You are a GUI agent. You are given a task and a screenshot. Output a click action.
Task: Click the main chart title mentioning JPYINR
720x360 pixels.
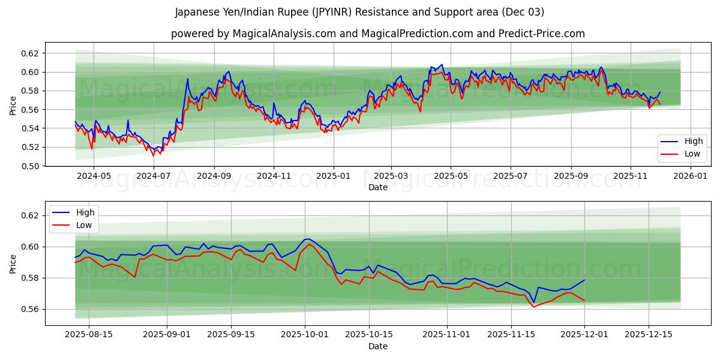point(359,12)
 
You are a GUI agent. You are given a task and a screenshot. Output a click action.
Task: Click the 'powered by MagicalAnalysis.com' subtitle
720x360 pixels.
point(377,34)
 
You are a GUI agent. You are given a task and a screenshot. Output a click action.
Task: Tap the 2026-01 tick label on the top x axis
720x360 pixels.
point(690,176)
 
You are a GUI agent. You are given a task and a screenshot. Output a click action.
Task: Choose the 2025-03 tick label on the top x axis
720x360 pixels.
point(391,176)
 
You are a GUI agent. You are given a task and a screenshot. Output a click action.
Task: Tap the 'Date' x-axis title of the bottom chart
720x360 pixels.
point(377,346)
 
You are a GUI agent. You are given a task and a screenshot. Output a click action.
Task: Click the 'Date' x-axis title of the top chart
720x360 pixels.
point(377,187)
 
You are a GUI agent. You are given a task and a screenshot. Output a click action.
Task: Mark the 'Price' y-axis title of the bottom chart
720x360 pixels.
point(13,263)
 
